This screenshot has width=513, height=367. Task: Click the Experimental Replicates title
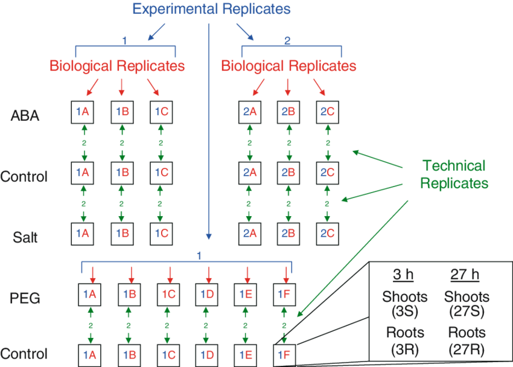click(x=212, y=9)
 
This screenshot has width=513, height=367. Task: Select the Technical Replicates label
click(x=454, y=174)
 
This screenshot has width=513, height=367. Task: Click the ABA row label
click(x=25, y=116)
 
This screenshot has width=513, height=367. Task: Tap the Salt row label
click(x=25, y=237)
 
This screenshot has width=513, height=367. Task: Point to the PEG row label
click(x=25, y=298)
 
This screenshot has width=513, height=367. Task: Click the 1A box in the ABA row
click(x=83, y=112)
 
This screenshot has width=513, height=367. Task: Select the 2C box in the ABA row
click(x=327, y=112)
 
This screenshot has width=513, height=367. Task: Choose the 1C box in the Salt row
click(x=160, y=233)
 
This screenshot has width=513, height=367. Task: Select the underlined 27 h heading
click(x=465, y=275)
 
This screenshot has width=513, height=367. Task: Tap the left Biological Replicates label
click(x=117, y=65)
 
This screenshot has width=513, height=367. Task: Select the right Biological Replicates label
click(x=288, y=65)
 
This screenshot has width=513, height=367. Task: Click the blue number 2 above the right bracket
click(x=287, y=40)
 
